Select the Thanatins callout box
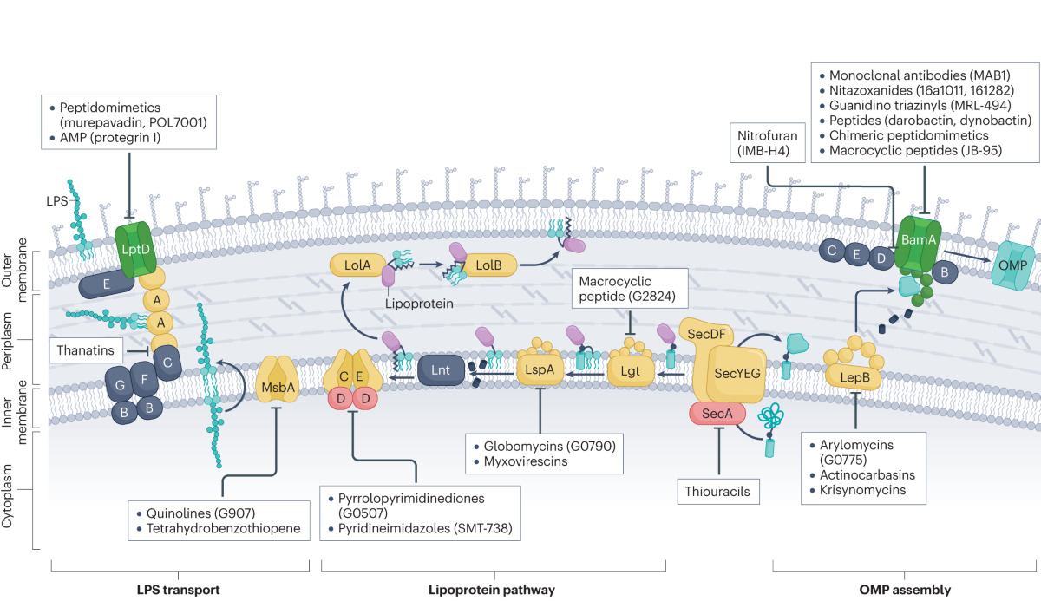(85, 351)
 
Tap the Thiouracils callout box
(719, 492)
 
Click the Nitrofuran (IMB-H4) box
(764, 143)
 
